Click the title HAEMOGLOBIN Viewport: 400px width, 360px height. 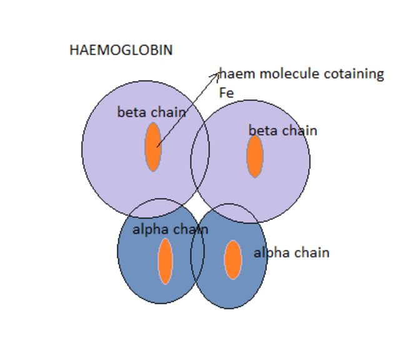point(121,51)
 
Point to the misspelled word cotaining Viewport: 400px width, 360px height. point(354,74)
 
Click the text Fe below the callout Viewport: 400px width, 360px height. point(226,93)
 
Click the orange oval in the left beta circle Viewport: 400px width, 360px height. point(153,147)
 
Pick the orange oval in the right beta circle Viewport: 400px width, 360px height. point(254,156)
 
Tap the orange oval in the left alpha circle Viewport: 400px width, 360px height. point(165,261)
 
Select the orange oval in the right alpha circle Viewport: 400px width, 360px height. point(232,259)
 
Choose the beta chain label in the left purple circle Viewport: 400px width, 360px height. point(151,112)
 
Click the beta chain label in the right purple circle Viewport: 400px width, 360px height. point(282,131)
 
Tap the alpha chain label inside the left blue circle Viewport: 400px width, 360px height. point(170,229)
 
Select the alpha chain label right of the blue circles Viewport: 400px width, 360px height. point(291,253)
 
